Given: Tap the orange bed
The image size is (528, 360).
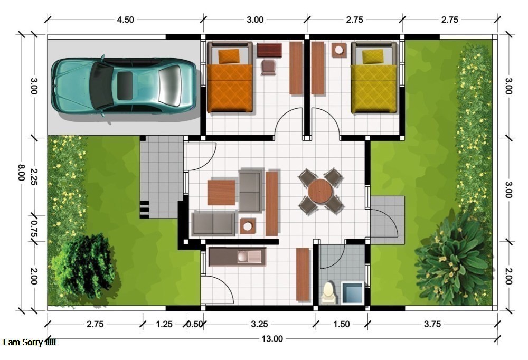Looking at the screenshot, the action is coord(230,77).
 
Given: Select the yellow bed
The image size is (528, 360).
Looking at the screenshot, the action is coord(374,78).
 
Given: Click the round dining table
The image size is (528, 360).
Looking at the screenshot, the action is coord(320,191).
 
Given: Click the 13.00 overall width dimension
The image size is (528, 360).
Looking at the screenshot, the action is coord(272,339).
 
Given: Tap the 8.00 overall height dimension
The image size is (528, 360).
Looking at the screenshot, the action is coord(21,173).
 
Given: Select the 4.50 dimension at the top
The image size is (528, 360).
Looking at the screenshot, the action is coord(125,20).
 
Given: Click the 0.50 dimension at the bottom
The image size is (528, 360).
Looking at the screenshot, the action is coord(194,324).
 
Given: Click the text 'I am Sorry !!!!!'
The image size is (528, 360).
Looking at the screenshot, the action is coord(29,343).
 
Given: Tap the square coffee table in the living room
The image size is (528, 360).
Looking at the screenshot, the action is coord(221,193).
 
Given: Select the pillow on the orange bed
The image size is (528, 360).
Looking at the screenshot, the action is coord(229,56).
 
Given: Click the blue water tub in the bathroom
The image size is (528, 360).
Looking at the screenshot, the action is coord(352,293).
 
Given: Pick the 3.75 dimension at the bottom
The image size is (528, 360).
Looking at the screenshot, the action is coord(432,324).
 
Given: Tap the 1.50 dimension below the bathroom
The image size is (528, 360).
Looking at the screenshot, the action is coord(342,324).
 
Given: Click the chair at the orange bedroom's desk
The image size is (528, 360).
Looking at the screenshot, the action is coord(269,67).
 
